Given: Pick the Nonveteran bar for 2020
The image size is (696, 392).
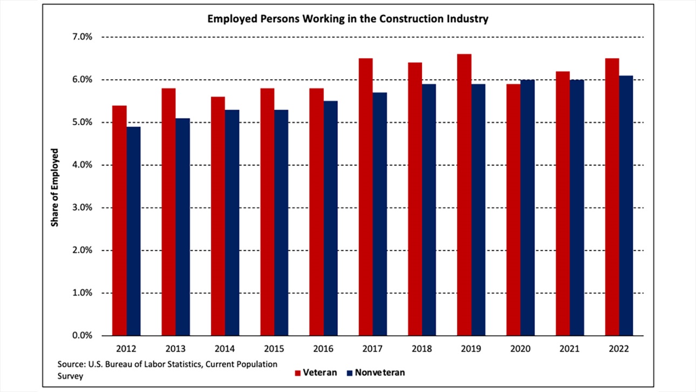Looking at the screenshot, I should click(x=527, y=207).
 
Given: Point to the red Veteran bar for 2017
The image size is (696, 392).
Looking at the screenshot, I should click(x=366, y=197).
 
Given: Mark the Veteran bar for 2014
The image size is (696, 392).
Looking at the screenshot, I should click(x=218, y=216).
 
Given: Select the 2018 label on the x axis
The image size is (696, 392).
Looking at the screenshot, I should click(x=421, y=349).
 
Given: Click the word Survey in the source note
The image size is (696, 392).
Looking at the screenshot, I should click(x=71, y=376).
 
